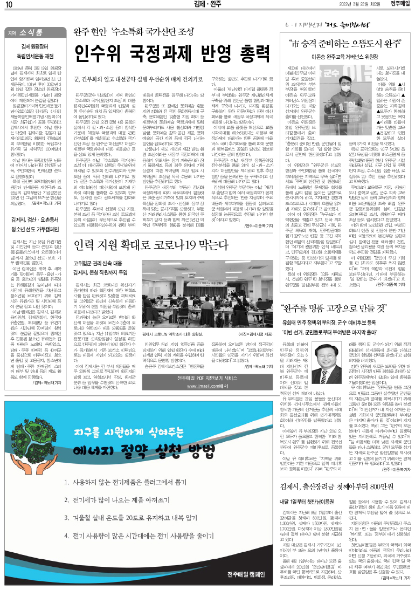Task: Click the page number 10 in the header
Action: point(10,6)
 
